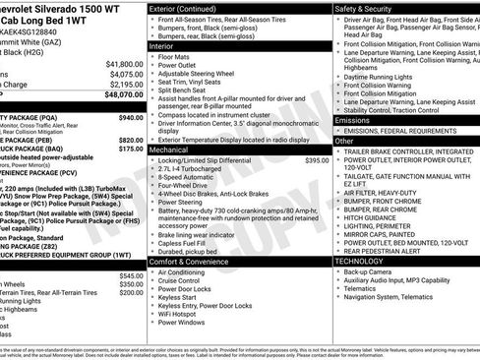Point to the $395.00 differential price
(317, 159)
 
